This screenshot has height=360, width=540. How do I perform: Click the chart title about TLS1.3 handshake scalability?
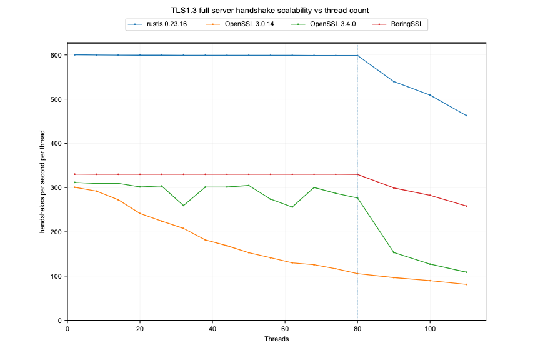pos(270,11)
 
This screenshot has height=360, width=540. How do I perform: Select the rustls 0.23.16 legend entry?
pos(161,24)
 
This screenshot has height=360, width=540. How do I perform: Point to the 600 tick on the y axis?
pos(56,55)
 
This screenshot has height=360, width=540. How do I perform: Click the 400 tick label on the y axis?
pos(56,144)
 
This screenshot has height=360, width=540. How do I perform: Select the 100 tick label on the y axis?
pos(56,276)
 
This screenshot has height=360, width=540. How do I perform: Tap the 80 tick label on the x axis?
pos(357,328)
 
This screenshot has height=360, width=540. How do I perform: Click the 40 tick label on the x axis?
pos(212,328)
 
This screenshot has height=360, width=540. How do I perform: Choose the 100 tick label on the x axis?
pos(430,328)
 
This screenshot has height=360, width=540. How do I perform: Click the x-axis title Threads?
pos(276,339)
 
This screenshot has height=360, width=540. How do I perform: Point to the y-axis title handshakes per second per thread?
pos(42,181)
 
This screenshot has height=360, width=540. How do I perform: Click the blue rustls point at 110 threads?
pos(466,116)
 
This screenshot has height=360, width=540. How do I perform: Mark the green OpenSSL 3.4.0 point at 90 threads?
pos(394,252)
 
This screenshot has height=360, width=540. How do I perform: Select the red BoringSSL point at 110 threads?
pos(466,206)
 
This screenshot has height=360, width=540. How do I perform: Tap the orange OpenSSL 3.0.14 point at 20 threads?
pos(140,214)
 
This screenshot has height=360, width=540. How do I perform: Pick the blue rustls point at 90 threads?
pos(394,82)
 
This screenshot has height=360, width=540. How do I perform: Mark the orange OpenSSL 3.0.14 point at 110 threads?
pos(466,284)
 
